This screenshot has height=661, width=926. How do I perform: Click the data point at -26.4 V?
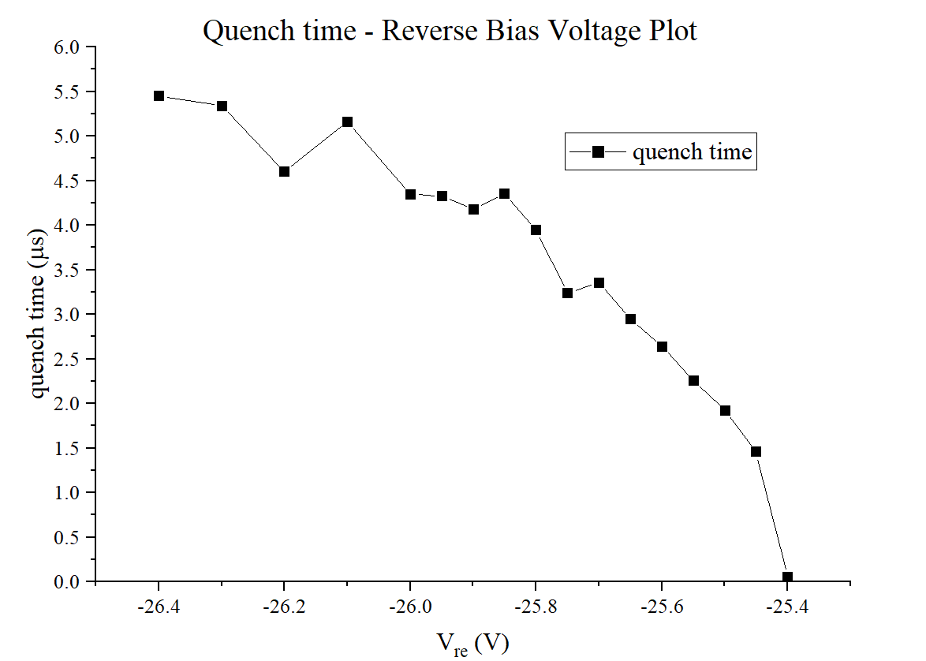click(x=159, y=96)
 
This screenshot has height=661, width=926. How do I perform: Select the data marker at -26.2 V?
click(x=284, y=171)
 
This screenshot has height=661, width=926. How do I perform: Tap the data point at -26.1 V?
click(x=347, y=122)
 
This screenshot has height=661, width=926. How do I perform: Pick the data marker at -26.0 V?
click(x=410, y=194)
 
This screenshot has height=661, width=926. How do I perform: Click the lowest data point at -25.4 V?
click(x=787, y=577)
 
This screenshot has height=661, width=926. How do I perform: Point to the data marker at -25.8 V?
click(x=536, y=230)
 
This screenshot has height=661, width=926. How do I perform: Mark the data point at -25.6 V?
click(x=662, y=347)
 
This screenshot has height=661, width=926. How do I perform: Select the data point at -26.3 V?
click(x=222, y=106)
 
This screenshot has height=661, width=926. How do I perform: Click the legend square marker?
click(x=598, y=151)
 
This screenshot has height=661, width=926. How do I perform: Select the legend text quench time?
click(x=693, y=151)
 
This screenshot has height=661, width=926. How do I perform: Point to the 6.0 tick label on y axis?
click(x=67, y=47)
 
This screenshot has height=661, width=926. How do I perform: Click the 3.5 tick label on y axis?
click(x=67, y=270)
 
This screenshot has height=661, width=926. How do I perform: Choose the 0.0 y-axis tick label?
click(x=67, y=581)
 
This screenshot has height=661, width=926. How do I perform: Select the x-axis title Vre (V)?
click(x=472, y=644)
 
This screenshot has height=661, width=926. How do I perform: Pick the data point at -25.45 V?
click(x=756, y=452)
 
